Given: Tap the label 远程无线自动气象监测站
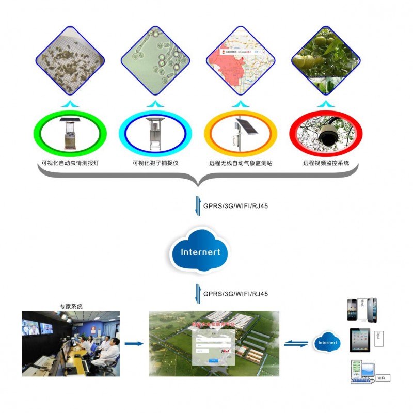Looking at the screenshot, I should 241,163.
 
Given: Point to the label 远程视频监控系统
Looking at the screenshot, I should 326,163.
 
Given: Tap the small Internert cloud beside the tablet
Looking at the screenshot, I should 327,343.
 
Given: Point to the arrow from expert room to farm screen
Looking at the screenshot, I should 134,343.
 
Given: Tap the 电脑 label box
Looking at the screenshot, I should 383,378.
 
